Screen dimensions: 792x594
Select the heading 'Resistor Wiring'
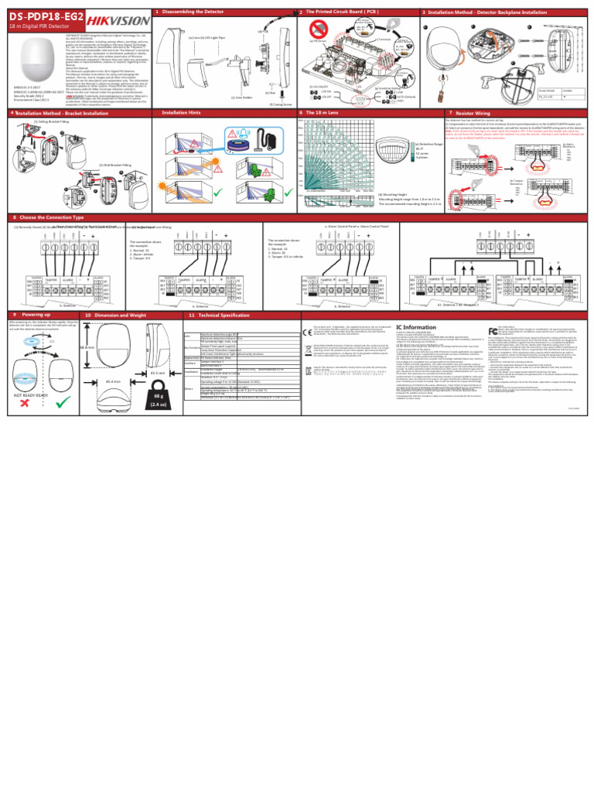tap(474, 112)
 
